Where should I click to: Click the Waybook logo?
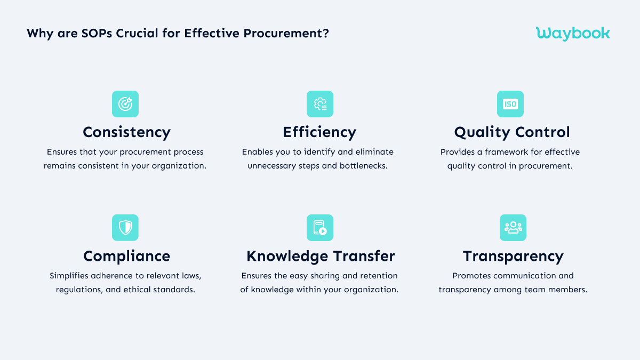coord(572,33)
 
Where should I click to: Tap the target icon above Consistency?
coord(125,104)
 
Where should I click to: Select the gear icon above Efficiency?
coord(320,104)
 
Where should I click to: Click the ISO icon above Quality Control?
coord(510,104)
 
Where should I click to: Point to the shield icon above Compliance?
coord(125,228)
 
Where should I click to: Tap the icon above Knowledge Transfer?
coord(320,228)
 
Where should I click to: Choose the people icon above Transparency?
coord(513,228)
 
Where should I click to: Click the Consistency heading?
coord(126,132)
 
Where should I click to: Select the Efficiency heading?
coord(319,132)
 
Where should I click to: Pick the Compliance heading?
coord(126,256)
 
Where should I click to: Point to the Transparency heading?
coord(513,256)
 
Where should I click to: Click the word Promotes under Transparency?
coord(472,276)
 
